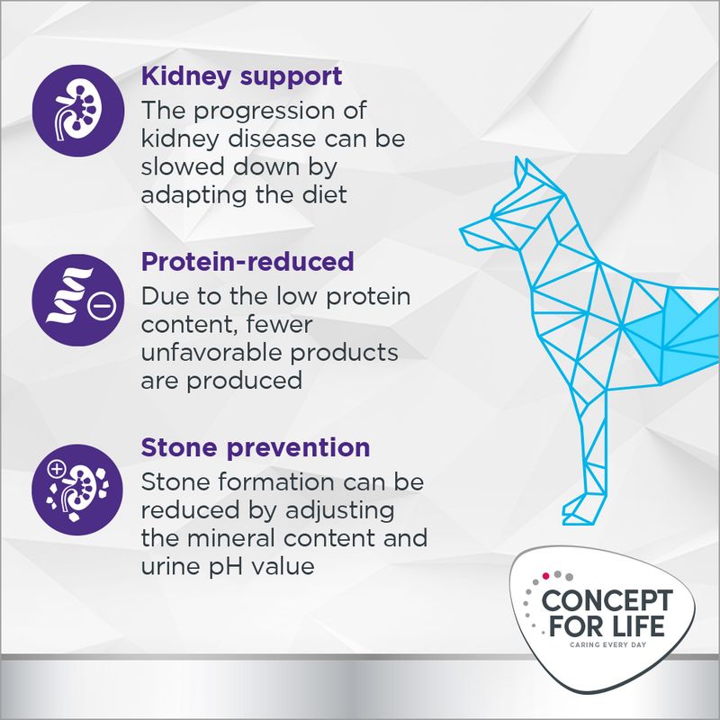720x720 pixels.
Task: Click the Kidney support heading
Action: click(x=241, y=76)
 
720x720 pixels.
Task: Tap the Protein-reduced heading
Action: click(x=247, y=262)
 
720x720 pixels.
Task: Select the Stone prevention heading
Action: click(x=256, y=447)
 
